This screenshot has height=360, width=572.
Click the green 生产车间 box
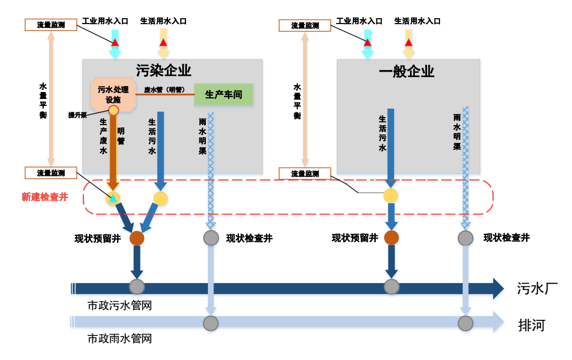click(x=223, y=95)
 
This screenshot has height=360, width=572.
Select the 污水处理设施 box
click(x=113, y=95)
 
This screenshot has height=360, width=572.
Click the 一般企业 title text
click(x=406, y=71)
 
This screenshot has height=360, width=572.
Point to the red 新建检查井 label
click(x=45, y=197)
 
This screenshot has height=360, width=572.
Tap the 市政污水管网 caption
click(x=120, y=305)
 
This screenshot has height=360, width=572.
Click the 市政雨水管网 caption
click(x=120, y=339)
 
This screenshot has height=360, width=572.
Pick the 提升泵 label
click(x=78, y=115)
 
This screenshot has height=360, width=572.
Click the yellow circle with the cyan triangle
click(x=113, y=198)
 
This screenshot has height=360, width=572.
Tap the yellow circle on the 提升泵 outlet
click(x=113, y=110)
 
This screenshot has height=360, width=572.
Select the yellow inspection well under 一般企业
click(x=391, y=196)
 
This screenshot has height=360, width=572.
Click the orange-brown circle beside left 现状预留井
click(x=137, y=238)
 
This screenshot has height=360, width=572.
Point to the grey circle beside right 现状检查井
click(x=466, y=238)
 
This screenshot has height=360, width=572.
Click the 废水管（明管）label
click(x=164, y=90)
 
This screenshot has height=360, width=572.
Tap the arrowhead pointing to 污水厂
click(x=498, y=288)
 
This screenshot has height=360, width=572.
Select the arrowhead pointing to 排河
click(x=498, y=322)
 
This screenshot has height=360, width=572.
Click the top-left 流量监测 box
click(x=51, y=25)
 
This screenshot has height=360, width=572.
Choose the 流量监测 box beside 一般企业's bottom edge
click(x=305, y=173)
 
